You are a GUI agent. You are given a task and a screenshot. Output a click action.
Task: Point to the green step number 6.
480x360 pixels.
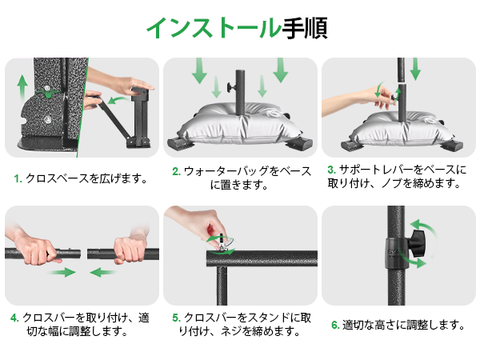pyautogui.click(x=334, y=325)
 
